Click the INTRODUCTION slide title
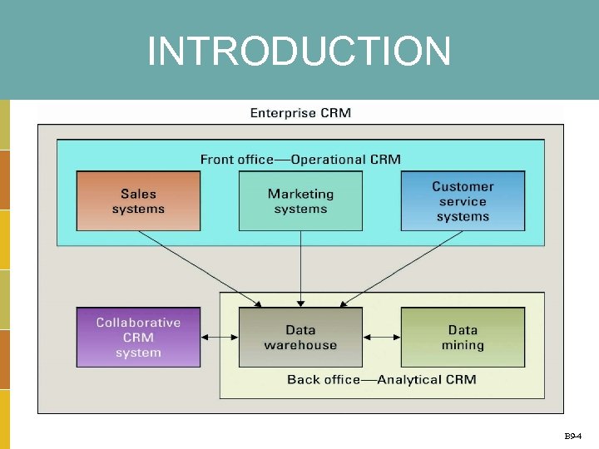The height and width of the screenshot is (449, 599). [299, 52]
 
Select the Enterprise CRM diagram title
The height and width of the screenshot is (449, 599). [300, 113]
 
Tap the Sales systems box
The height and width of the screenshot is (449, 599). [138, 201]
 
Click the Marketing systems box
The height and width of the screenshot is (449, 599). [300, 201]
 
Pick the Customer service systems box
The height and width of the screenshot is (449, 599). [463, 201]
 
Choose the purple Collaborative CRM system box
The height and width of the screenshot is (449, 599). [138, 337]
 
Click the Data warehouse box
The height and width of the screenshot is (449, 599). [300, 337]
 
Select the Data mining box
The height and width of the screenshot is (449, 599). [463, 337]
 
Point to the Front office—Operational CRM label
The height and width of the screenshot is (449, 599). [300, 159]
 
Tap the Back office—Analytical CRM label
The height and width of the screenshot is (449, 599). [382, 379]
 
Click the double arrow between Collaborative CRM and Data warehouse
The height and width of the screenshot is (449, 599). [220, 337]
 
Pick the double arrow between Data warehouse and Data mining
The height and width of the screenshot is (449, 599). [382, 337]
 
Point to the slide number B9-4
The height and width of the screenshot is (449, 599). [573, 436]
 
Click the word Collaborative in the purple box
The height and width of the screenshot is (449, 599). [138, 323]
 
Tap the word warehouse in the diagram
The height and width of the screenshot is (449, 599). [300, 345]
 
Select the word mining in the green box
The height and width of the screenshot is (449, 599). [463, 345]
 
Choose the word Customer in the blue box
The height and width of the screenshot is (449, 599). [463, 187]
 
